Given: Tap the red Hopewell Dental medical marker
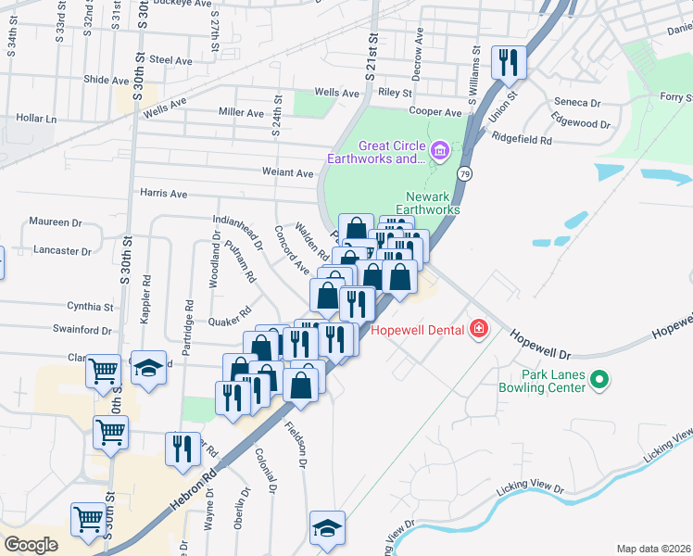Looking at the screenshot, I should [479, 329].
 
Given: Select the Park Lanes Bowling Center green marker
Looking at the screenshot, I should [598, 379].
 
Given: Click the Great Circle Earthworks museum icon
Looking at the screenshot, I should [439, 148].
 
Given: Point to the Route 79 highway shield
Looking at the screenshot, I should [464, 173].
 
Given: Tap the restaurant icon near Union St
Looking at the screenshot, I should [508, 63].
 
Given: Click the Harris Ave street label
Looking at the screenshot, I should [163, 194].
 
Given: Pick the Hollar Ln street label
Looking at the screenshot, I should [36, 119].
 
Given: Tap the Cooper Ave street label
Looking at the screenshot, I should [436, 112].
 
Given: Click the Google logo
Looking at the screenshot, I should [31, 544].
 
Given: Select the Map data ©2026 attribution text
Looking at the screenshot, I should [653, 549].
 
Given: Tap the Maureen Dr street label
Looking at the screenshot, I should [56, 221].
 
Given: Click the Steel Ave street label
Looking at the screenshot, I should [170, 60].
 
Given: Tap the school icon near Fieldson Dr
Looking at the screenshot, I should [326, 528].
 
